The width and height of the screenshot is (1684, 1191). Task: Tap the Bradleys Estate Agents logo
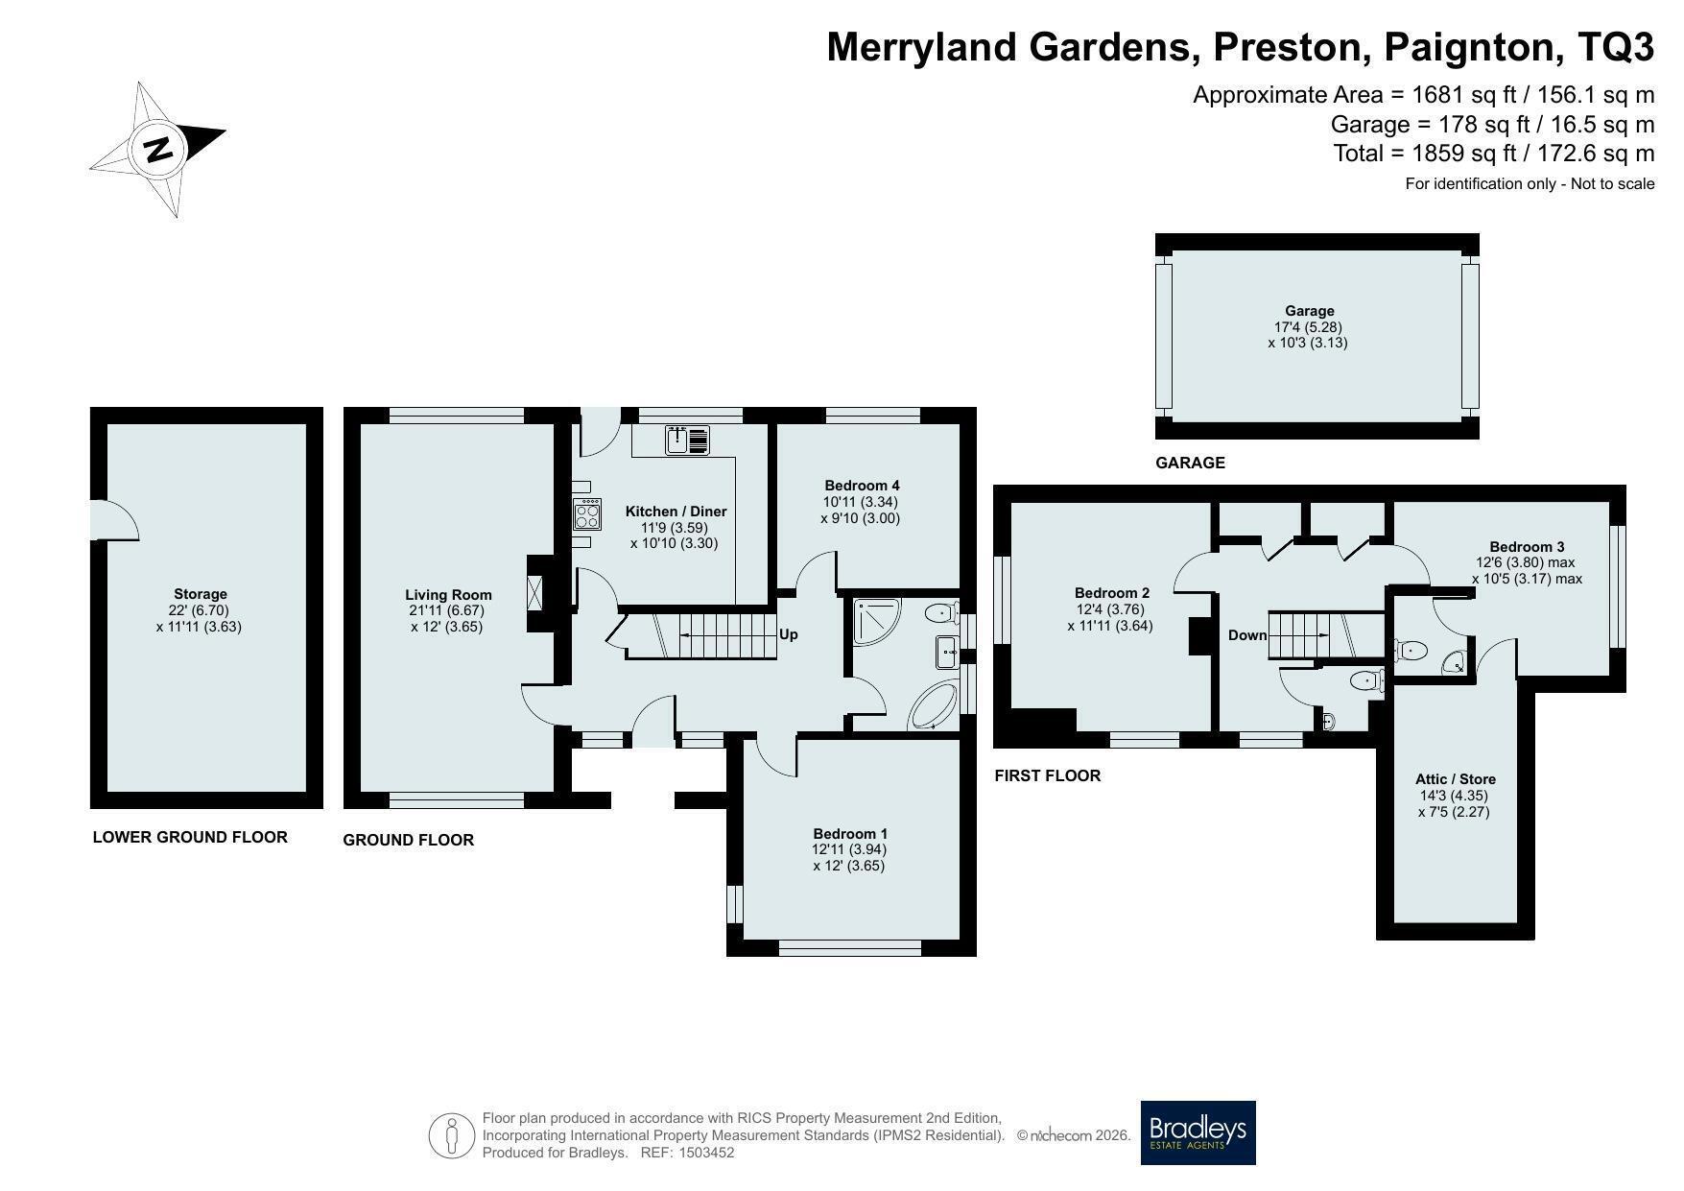pos(1198,1132)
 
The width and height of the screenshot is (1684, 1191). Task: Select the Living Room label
pos(448,595)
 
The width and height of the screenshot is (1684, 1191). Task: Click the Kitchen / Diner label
pos(676,512)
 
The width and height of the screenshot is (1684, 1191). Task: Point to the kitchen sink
pos(687,441)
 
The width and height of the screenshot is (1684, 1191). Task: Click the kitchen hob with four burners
pos(587,515)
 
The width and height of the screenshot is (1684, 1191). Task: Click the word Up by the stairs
pos(788,634)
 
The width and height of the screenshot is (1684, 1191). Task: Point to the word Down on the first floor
pos(1247,635)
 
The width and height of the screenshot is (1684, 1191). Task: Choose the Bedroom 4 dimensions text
pos(861,510)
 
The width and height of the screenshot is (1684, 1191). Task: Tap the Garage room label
pos(1310,311)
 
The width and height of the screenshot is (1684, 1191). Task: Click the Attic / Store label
pos(1455,779)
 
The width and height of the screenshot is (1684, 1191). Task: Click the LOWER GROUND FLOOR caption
pos(190,837)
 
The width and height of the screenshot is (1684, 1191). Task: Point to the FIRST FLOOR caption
pos(1047,775)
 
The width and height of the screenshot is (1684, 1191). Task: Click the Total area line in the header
pos(1494,153)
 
